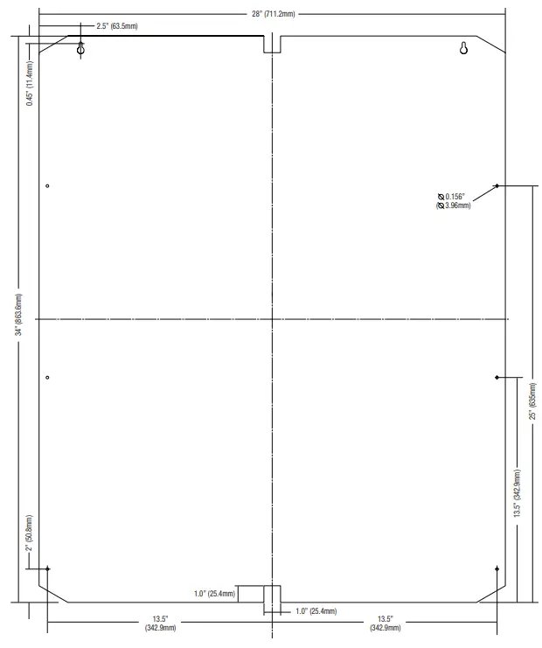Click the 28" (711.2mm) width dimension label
click(x=274, y=14)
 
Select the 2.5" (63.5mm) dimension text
click(x=117, y=26)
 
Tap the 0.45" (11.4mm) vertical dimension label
click(x=30, y=83)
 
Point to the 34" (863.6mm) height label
click(x=19, y=315)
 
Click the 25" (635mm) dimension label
click(x=533, y=401)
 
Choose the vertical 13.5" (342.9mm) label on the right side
click(x=518, y=493)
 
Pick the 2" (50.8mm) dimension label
click(x=29, y=533)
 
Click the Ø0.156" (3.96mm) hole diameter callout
click(x=454, y=201)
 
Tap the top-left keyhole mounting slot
click(x=81, y=48)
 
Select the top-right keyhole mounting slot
click(x=463, y=48)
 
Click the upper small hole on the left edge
click(x=47, y=186)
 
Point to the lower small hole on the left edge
click(x=47, y=377)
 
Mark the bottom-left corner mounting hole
click(x=47, y=569)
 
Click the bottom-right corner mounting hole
click(x=497, y=569)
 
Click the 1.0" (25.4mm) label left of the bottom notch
click(x=214, y=594)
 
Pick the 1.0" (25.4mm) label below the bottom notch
click(x=316, y=611)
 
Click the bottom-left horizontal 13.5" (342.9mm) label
click(x=160, y=624)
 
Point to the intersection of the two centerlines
click(x=272, y=319)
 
